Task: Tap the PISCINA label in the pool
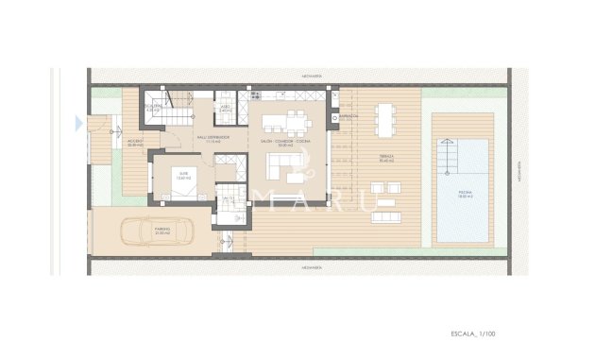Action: coord(463,196)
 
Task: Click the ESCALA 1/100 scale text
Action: coord(473,334)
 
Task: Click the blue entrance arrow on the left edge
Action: coord(77,121)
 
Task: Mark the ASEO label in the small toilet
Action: coord(226,108)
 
